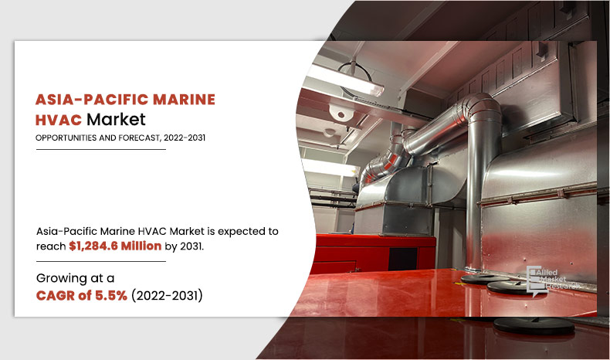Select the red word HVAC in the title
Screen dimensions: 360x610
[x=59, y=120]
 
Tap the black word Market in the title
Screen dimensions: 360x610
[x=116, y=120]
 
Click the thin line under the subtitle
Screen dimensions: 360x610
[x=101, y=149]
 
